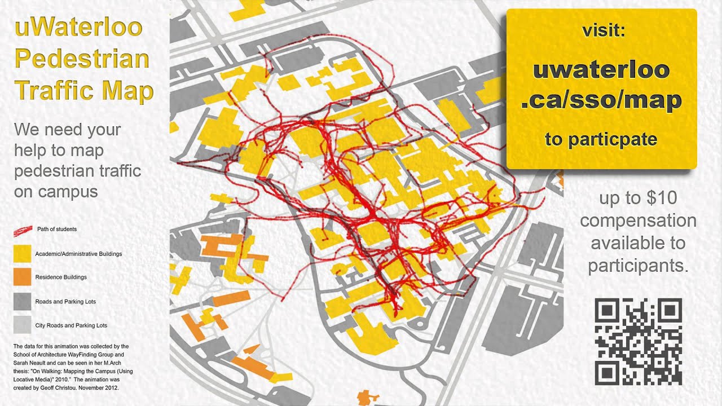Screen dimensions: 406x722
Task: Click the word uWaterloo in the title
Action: tap(78, 28)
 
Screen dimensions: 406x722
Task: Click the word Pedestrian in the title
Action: tap(82, 59)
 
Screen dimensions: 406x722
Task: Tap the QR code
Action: tap(639, 342)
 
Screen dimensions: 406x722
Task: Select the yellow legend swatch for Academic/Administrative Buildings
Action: tap(22, 254)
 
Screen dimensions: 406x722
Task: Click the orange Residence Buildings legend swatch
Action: tap(22, 277)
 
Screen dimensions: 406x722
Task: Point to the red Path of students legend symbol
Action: tap(23, 230)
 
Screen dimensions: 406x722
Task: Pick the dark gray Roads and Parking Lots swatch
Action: tap(22, 302)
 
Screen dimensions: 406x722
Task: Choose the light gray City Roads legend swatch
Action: tap(22, 325)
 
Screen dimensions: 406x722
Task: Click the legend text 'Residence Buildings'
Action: tap(61, 277)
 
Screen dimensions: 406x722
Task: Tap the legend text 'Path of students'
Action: tap(57, 230)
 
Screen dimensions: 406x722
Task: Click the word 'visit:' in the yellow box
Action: tap(604, 31)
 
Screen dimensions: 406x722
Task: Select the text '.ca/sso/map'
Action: tap(601, 100)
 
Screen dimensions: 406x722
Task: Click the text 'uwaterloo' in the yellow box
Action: tap(601, 70)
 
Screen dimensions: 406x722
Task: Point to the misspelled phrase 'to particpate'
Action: tap(601, 139)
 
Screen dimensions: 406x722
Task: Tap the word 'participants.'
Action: tap(639, 265)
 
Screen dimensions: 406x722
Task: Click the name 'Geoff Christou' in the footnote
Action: tap(48, 389)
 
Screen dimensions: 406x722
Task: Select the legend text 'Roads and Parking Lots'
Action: tap(65, 302)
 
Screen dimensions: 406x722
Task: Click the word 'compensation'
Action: tap(639, 220)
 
